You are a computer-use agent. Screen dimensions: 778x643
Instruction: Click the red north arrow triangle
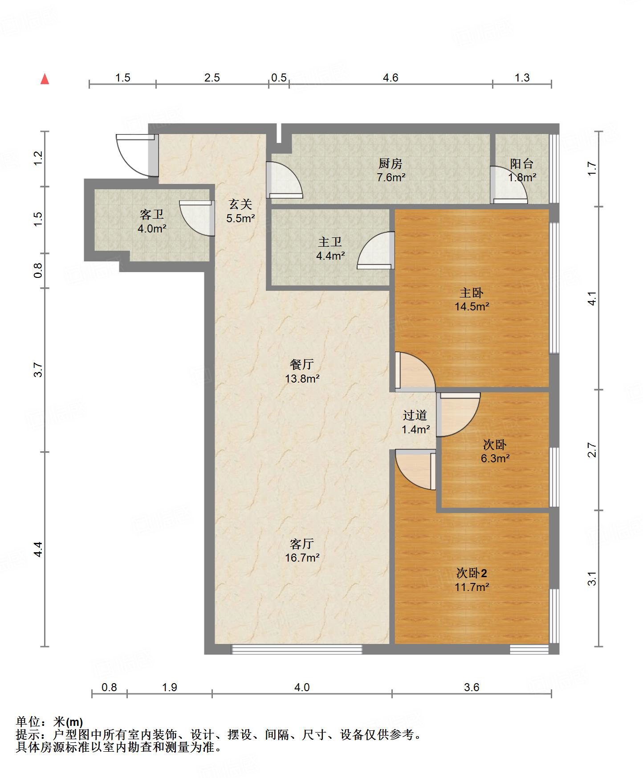point(45,79)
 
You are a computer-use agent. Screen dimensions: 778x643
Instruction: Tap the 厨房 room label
point(391,163)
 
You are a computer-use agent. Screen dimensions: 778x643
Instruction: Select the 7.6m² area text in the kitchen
point(391,177)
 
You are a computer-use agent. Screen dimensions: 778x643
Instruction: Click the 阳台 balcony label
point(521,163)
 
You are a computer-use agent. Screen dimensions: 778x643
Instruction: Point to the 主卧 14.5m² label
point(472,299)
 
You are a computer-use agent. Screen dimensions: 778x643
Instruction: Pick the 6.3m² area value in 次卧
point(495,458)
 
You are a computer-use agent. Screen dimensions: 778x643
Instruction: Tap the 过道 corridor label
point(415,415)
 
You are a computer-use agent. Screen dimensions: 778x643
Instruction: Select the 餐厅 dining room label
point(302,364)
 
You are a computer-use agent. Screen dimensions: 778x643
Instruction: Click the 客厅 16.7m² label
point(302,550)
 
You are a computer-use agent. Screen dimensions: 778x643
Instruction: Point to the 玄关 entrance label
point(240,204)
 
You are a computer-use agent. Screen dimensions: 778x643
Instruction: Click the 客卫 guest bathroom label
point(152,215)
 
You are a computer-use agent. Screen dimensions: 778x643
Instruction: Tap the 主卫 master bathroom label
point(330,242)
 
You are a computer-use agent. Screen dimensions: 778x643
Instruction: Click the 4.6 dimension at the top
point(391,77)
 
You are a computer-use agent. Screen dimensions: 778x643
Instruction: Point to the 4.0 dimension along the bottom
point(302,687)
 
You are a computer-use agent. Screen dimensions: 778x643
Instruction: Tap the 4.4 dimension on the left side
point(39,549)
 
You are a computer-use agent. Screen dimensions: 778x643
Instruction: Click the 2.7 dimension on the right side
point(592,450)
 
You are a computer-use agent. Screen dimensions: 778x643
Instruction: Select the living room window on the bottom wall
point(297,649)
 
